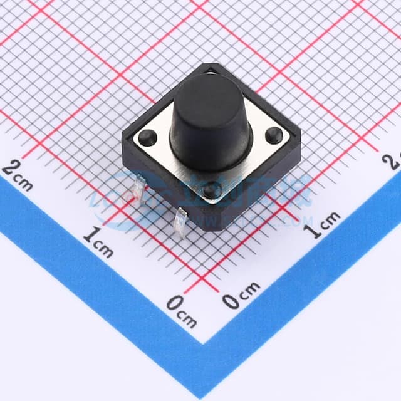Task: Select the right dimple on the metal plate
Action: [x=274, y=134]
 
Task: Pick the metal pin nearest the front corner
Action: [x=180, y=222]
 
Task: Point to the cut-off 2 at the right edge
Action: [x=395, y=162]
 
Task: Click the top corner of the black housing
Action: [x=208, y=65]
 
